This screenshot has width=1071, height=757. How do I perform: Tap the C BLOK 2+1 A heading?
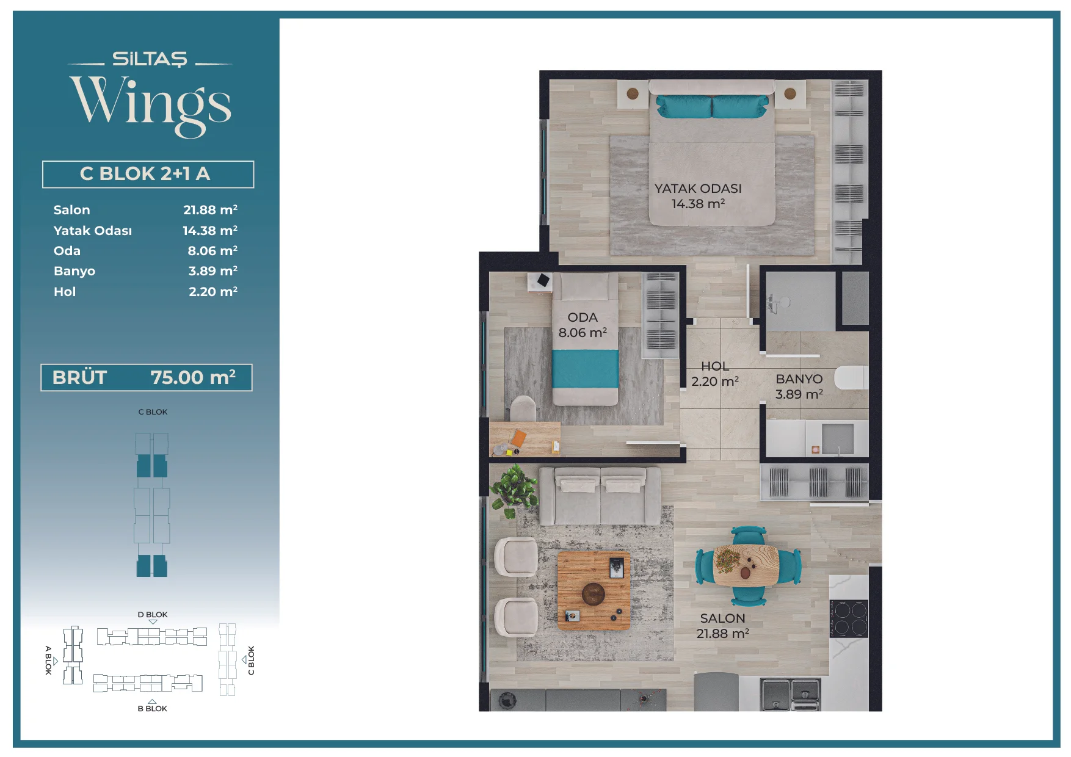click(x=145, y=174)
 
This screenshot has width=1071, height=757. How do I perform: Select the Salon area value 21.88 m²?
click(x=210, y=210)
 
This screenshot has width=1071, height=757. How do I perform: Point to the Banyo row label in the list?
click(x=74, y=271)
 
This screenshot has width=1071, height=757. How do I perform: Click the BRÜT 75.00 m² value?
click(x=193, y=377)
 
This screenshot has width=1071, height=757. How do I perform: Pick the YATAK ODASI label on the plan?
click(x=698, y=189)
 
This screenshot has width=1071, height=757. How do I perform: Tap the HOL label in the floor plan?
click(x=715, y=366)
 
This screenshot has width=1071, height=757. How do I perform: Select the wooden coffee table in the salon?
click(x=594, y=591)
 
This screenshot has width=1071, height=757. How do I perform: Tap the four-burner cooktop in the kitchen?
click(x=849, y=618)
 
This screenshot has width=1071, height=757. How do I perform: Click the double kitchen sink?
click(x=790, y=695)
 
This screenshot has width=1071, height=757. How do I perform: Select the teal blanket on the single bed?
click(x=585, y=369)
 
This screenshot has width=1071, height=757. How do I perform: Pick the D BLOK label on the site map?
click(x=153, y=615)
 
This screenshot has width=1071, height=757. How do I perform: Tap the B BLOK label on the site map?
click(x=153, y=709)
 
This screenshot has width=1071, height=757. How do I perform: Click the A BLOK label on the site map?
click(x=48, y=660)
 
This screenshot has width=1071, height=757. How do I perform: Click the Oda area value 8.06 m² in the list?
click(x=212, y=251)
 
